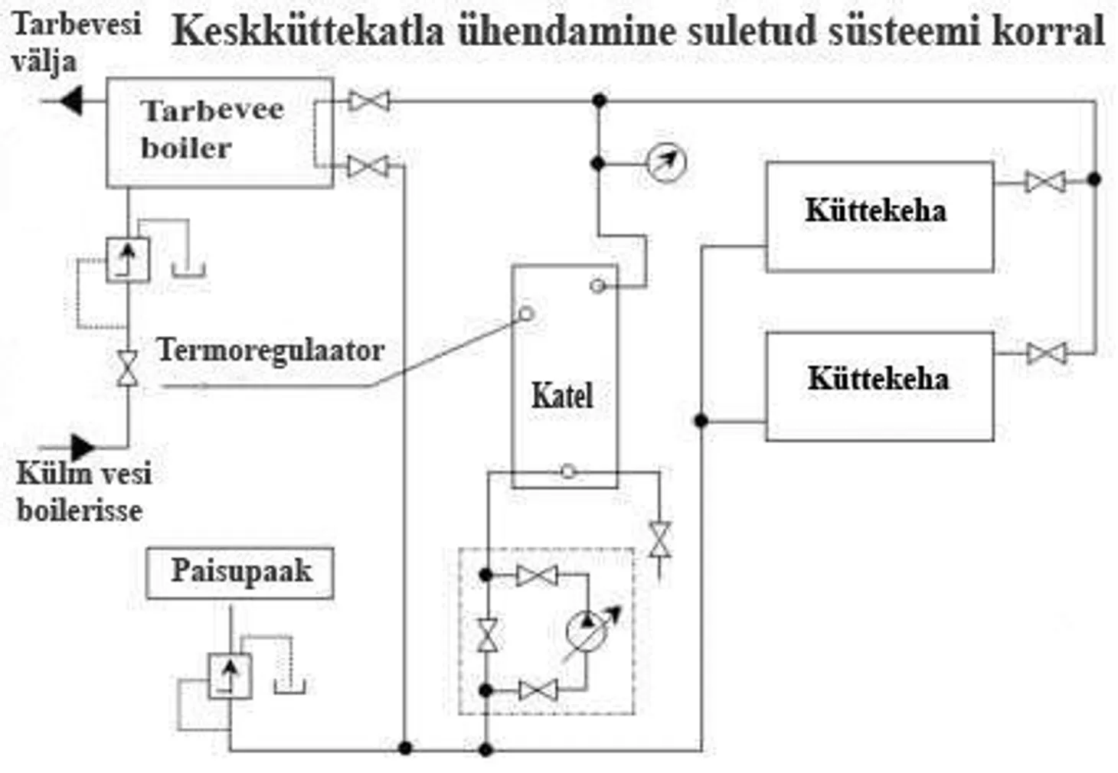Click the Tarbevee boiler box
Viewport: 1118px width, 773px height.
(219, 132)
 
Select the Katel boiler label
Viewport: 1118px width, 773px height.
(562, 396)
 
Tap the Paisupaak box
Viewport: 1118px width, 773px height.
(240, 572)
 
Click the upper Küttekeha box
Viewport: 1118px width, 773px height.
(879, 217)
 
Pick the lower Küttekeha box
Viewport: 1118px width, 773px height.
(879, 386)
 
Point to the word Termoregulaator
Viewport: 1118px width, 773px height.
(270, 351)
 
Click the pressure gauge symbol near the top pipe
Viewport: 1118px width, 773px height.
(665, 162)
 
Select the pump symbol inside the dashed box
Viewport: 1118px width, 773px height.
(587, 631)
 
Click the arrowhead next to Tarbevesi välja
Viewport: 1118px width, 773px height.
(70, 100)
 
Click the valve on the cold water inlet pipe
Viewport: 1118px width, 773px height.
(128, 369)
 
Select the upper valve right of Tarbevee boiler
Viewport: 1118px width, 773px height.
(369, 100)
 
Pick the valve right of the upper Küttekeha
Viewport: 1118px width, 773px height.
(1045, 181)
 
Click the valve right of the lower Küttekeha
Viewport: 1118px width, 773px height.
(1046, 353)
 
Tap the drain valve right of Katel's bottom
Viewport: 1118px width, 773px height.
(659, 540)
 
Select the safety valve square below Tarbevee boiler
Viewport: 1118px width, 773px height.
(128, 260)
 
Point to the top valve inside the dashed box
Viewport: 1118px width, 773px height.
(537, 576)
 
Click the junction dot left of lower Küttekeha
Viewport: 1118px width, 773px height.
(701, 420)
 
